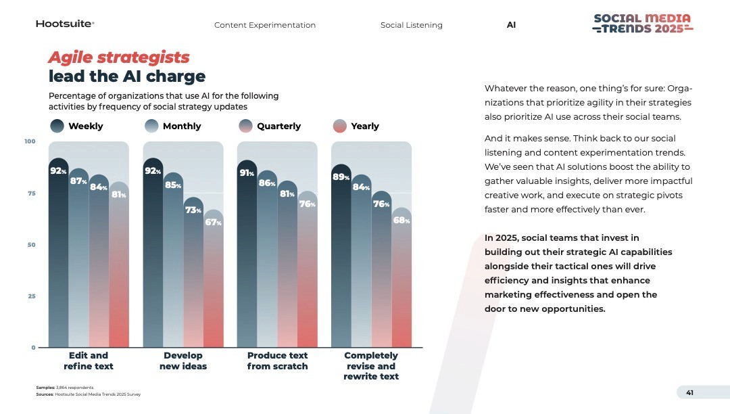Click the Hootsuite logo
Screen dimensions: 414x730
(x=65, y=24)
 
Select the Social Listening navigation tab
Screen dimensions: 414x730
(x=411, y=25)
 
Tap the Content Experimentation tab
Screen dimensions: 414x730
(x=265, y=25)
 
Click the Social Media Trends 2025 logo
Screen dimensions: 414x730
(x=643, y=24)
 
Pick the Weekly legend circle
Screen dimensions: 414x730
(x=57, y=126)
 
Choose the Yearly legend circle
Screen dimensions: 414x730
(x=340, y=126)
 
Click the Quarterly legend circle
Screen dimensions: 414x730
(x=246, y=126)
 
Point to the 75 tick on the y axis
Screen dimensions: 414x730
(x=31, y=193)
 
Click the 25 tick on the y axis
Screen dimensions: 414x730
(x=31, y=296)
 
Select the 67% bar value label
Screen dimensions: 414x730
(x=214, y=222)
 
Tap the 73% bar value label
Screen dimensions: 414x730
(x=193, y=210)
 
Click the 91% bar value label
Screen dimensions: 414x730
(x=247, y=172)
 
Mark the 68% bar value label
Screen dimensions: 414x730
(x=401, y=220)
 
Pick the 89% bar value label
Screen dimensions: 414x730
(x=341, y=177)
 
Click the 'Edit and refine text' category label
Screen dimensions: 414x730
(x=89, y=361)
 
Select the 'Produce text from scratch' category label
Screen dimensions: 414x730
(x=277, y=361)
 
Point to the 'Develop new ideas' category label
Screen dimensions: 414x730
(x=183, y=361)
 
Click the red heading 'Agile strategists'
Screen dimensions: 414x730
(x=119, y=57)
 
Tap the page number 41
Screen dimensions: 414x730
(x=689, y=393)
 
